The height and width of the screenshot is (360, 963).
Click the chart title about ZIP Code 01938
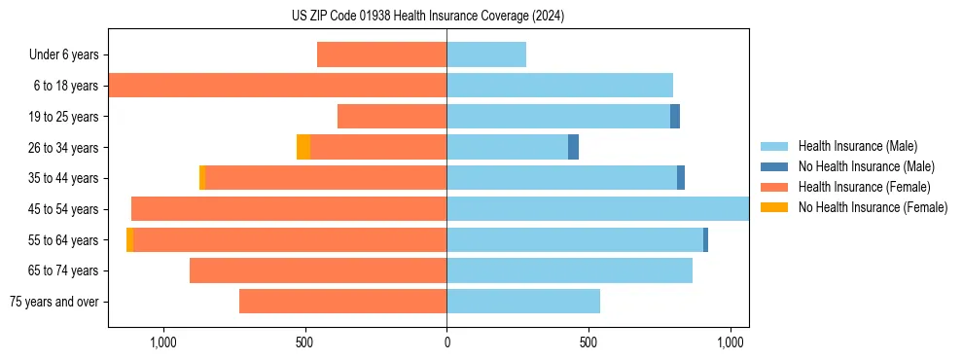click(428, 16)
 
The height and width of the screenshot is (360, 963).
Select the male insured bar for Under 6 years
click(486, 54)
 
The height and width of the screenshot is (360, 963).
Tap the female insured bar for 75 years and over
click(342, 302)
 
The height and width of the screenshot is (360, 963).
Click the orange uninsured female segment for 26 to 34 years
click(303, 147)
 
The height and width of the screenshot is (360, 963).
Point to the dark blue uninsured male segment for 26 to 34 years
click(574, 147)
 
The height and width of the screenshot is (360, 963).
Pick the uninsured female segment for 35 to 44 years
click(202, 178)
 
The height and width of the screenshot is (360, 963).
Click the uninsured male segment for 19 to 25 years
click(675, 117)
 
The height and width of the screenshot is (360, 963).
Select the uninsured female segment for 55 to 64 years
click(130, 239)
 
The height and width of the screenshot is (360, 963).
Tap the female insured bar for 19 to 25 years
click(392, 117)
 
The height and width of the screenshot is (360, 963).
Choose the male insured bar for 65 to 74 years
click(569, 270)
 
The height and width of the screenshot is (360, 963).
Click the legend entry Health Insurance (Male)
click(857, 146)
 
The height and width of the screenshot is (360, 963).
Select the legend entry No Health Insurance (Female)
click(873, 206)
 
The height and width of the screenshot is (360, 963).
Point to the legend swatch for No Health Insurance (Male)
click(774, 166)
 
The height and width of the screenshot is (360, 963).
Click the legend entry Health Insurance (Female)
click(864, 187)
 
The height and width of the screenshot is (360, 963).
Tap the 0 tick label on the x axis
click(446, 342)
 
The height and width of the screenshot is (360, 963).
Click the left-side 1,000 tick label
click(163, 342)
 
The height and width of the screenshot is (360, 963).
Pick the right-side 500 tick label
click(588, 342)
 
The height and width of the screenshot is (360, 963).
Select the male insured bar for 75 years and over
click(523, 302)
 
